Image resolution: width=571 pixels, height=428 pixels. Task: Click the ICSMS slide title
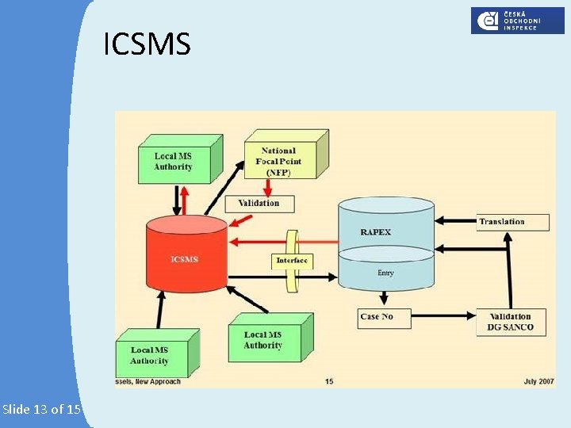[x=147, y=45]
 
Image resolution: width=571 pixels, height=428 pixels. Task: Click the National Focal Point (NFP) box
[x=279, y=161]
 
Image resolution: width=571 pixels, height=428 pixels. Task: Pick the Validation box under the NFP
[x=259, y=203]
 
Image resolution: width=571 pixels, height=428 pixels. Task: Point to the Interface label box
[x=292, y=261]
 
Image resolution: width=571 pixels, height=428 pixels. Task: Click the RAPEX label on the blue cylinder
[x=376, y=232]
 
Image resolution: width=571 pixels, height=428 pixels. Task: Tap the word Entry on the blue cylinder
[x=385, y=273]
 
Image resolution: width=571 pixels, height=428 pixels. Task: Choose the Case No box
[x=377, y=317]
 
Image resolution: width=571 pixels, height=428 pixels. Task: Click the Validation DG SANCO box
[x=512, y=322]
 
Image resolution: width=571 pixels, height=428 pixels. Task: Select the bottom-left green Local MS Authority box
[x=150, y=355]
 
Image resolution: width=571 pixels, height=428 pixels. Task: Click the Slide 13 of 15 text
[x=41, y=410]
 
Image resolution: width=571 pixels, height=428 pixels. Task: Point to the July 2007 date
[x=538, y=382]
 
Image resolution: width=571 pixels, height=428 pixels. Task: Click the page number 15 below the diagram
[x=328, y=382]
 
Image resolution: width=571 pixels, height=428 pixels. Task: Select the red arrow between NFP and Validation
[x=269, y=188]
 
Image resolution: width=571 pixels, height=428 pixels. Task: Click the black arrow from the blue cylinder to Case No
[x=385, y=299]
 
